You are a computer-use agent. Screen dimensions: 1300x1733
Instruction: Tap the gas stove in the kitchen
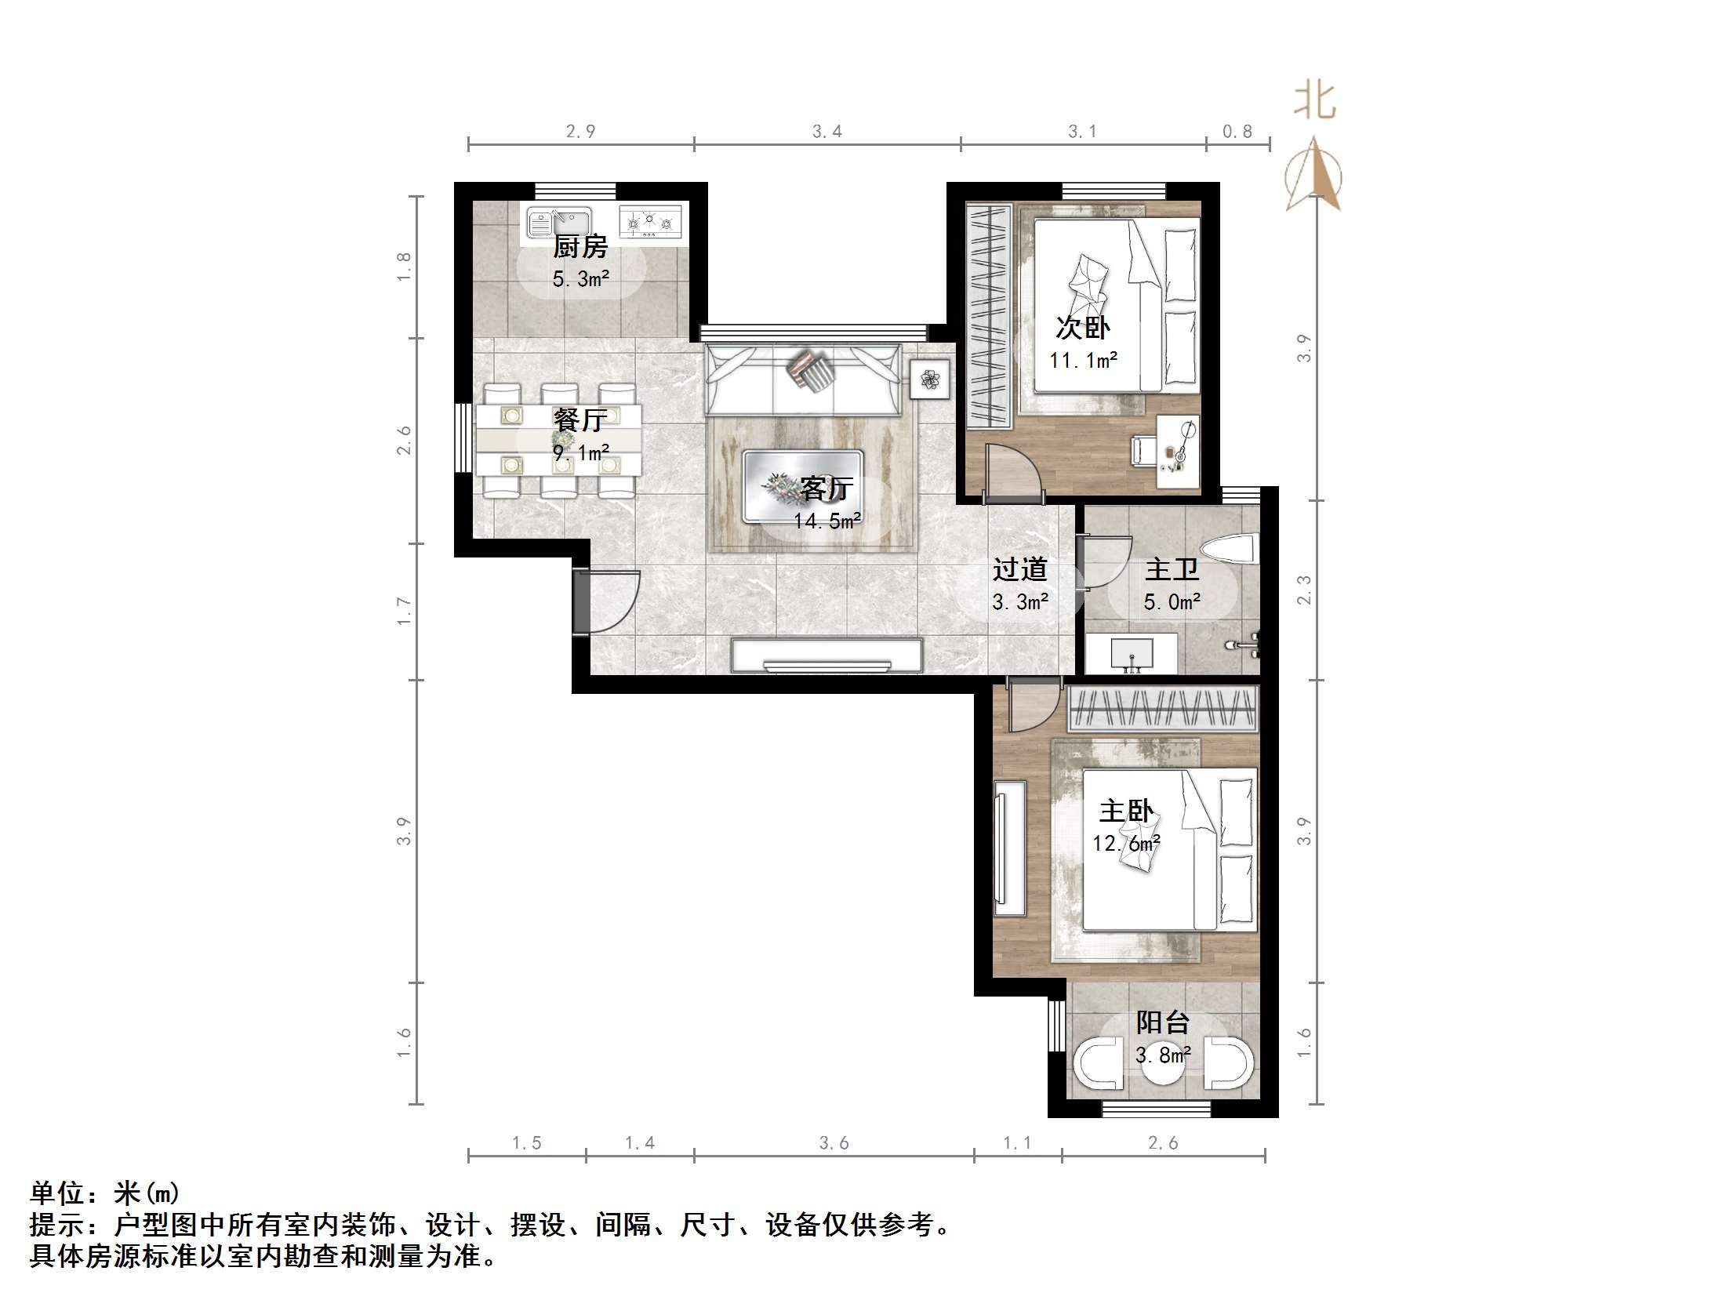(650, 222)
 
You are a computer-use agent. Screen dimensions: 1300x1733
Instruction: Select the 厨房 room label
(580, 247)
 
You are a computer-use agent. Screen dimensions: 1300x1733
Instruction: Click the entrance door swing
(612, 601)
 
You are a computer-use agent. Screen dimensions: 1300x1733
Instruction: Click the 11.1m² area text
(1083, 360)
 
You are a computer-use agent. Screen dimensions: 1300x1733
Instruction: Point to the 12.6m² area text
(1126, 843)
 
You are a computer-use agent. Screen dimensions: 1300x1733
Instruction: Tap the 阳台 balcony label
(1162, 1022)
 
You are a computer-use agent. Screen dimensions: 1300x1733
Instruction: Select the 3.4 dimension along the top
(827, 132)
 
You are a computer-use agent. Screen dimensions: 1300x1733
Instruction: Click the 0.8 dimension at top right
(1237, 132)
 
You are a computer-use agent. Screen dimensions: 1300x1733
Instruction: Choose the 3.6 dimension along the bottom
(834, 1143)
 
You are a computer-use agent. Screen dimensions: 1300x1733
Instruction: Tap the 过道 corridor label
(1019, 569)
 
